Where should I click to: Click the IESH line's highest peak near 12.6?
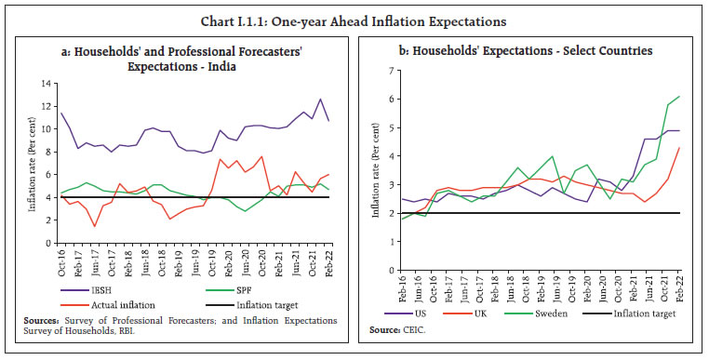[x=320, y=99]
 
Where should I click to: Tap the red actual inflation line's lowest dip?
[x=95, y=226]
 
